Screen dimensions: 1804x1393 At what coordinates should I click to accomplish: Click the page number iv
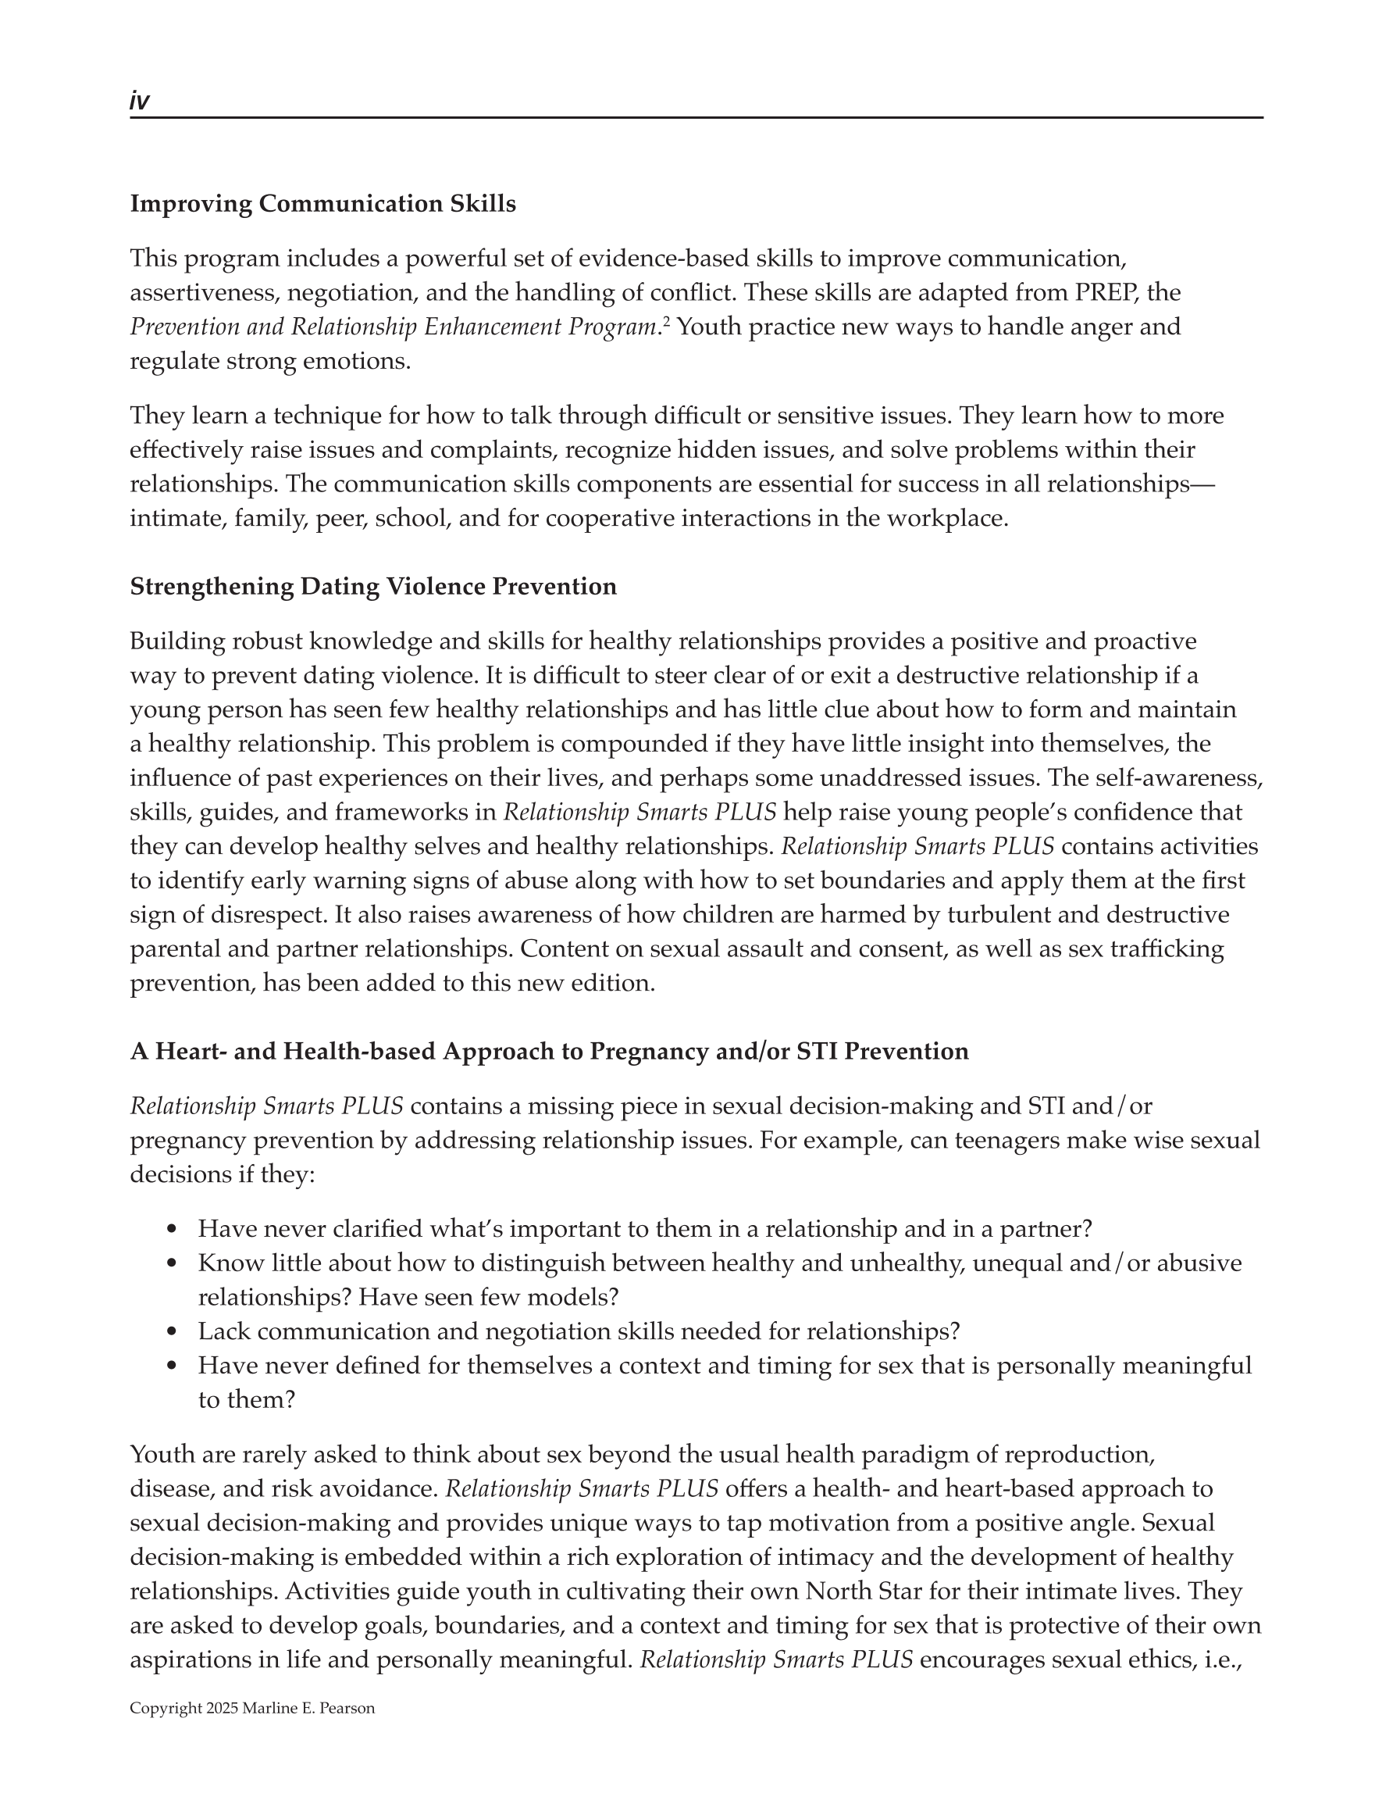pyautogui.click(x=139, y=101)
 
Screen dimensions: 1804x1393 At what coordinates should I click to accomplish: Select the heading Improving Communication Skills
pyautogui.click(x=322, y=204)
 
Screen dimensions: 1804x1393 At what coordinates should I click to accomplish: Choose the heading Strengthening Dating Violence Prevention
pyautogui.click(x=372, y=587)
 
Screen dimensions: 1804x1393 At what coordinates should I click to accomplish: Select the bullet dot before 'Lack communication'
pyautogui.click(x=172, y=1331)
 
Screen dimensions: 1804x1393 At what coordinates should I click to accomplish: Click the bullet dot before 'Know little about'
pyautogui.click(x=172, y=1263)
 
